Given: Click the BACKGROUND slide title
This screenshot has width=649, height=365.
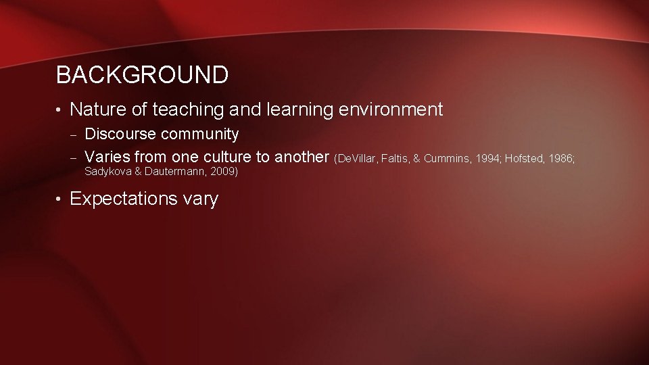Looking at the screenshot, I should pyautogui.click(x=142, y=75).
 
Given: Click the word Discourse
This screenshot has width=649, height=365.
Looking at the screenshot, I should pyautogui.click(x=120, y=134).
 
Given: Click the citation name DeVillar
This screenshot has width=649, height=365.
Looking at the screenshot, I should pyautogui.click(x=356, y=158).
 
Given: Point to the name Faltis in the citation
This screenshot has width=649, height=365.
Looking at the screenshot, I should pyautogui.click(x=396, y=158).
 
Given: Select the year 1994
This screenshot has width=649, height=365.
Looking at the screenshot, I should pyautogui.click(x=488, y=158).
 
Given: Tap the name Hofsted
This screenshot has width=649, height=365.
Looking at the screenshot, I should pyautogui.click(x=527, y=158).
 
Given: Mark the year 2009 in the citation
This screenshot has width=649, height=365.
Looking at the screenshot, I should pyautogui.click(x=224, y=172).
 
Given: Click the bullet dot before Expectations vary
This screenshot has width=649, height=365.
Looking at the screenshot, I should pyautogui.click(x=59, y=199).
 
